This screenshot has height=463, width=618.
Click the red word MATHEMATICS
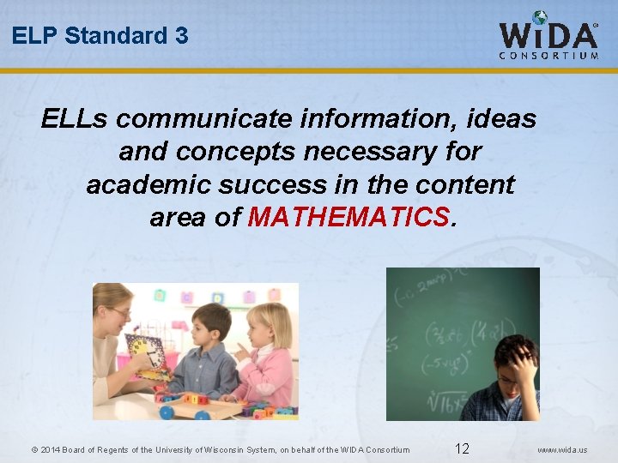(348, 217)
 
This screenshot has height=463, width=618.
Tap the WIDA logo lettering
(548, 35)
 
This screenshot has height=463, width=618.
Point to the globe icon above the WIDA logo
(540, 17)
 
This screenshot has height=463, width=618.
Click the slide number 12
(462, 448)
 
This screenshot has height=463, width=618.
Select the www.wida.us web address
(563, 449)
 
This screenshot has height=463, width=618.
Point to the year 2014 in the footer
(50, 449)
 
